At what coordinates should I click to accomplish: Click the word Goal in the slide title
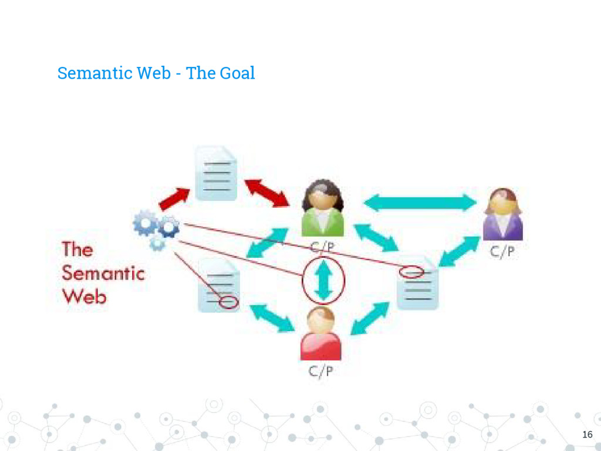[x=237, y=73]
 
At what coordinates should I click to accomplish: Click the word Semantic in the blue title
[x=94, y=73]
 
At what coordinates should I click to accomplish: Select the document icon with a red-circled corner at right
[x=417, y=284]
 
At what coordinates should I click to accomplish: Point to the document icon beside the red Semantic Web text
[x=218, y=286]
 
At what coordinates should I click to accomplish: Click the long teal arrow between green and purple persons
[x=420, y=203]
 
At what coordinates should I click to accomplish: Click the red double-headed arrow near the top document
[x=267, y=193]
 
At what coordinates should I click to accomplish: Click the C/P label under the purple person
[x=504, y=252]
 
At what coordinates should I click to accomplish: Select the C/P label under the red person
[x=322, y=371]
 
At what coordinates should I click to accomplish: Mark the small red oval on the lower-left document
[x=229, y=302]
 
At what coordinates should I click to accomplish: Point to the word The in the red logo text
[x=77, y=250]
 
